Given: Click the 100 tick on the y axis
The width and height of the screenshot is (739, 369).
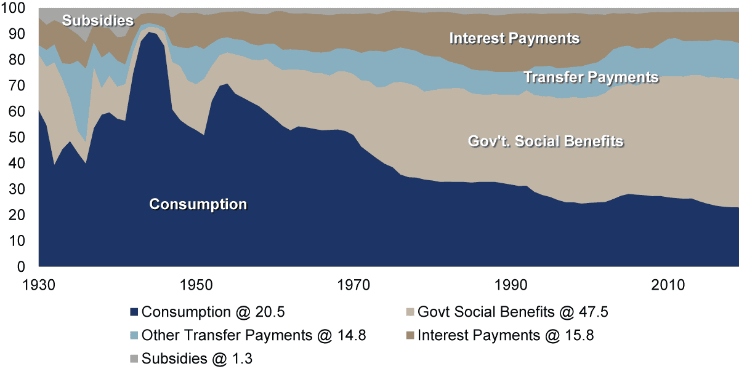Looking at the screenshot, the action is [x=13, y=8].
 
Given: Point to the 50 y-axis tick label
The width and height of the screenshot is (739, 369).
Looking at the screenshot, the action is [x=17, y=137].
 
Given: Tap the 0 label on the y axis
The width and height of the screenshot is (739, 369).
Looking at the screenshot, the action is [x=21, y=266].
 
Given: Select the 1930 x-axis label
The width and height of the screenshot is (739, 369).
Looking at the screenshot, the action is [x=39, y=285].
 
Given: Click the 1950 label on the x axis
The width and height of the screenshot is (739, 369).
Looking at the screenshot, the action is [x=196, y=285].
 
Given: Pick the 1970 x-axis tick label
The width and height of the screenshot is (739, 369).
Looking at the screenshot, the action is [x=353, y=285].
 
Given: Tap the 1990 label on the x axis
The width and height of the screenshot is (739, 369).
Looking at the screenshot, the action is [x=511, y=285].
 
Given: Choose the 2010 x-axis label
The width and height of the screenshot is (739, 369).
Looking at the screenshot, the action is [x=668, y=285].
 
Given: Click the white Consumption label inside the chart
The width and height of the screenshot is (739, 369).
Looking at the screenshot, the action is [x=198, y=205].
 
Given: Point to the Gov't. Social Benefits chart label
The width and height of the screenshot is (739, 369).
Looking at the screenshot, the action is [x=546, y=141].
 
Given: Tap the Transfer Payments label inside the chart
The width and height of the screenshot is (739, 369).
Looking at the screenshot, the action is [x=591, y=77].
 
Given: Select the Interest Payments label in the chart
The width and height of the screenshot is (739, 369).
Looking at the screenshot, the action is [x=515, y=39].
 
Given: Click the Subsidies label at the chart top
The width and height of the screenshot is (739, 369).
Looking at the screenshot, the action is [x=98, y=20].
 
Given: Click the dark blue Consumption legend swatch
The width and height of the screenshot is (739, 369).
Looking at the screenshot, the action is [x=134, y=312].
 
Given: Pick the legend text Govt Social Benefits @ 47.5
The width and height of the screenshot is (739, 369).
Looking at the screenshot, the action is [x=512, y=312].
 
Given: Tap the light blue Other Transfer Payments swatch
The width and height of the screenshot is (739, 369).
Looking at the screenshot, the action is [x=134, y=335].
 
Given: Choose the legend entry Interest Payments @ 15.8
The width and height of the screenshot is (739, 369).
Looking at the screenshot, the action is [x=506, y=335].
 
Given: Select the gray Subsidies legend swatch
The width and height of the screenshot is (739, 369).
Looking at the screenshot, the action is [x=134, y=359].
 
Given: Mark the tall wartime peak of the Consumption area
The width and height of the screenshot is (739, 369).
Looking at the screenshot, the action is [x=149, y=32].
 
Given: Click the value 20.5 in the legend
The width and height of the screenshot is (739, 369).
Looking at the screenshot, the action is [x=270, y=312].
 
